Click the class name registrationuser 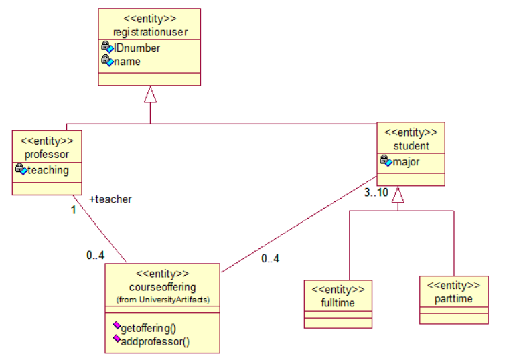(x=149, y=31)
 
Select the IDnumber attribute (x=137, y=48)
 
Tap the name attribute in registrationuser (x=127, y=61)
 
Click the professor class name (x=47, y=154)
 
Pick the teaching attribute (x=48, y=170)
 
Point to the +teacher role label (x=110, y=199)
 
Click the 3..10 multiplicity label (x=376, y=193)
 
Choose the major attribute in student (x=406, y=161)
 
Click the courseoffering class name (x=163, y=287)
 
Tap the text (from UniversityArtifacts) (x=163, y=299)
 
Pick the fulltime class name (x=338, y=302)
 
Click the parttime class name (x=453, y=299)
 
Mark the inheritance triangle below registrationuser (x=150, y=94)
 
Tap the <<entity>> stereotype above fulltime (x=338, y=290)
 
